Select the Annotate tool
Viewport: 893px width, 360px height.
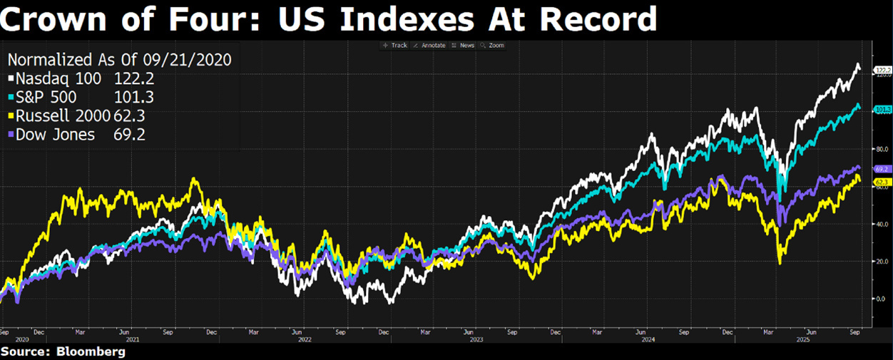[430, 45]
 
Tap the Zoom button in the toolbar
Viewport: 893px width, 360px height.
[493, 45]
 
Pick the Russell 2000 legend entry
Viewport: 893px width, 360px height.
[61, 115]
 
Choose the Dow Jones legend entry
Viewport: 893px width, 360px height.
[53, 134]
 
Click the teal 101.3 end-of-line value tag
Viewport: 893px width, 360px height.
[882, 109]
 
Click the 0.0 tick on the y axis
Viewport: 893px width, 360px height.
[880, 299]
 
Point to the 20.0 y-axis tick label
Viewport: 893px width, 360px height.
[880, 261]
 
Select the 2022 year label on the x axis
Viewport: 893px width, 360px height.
[305, 339]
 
